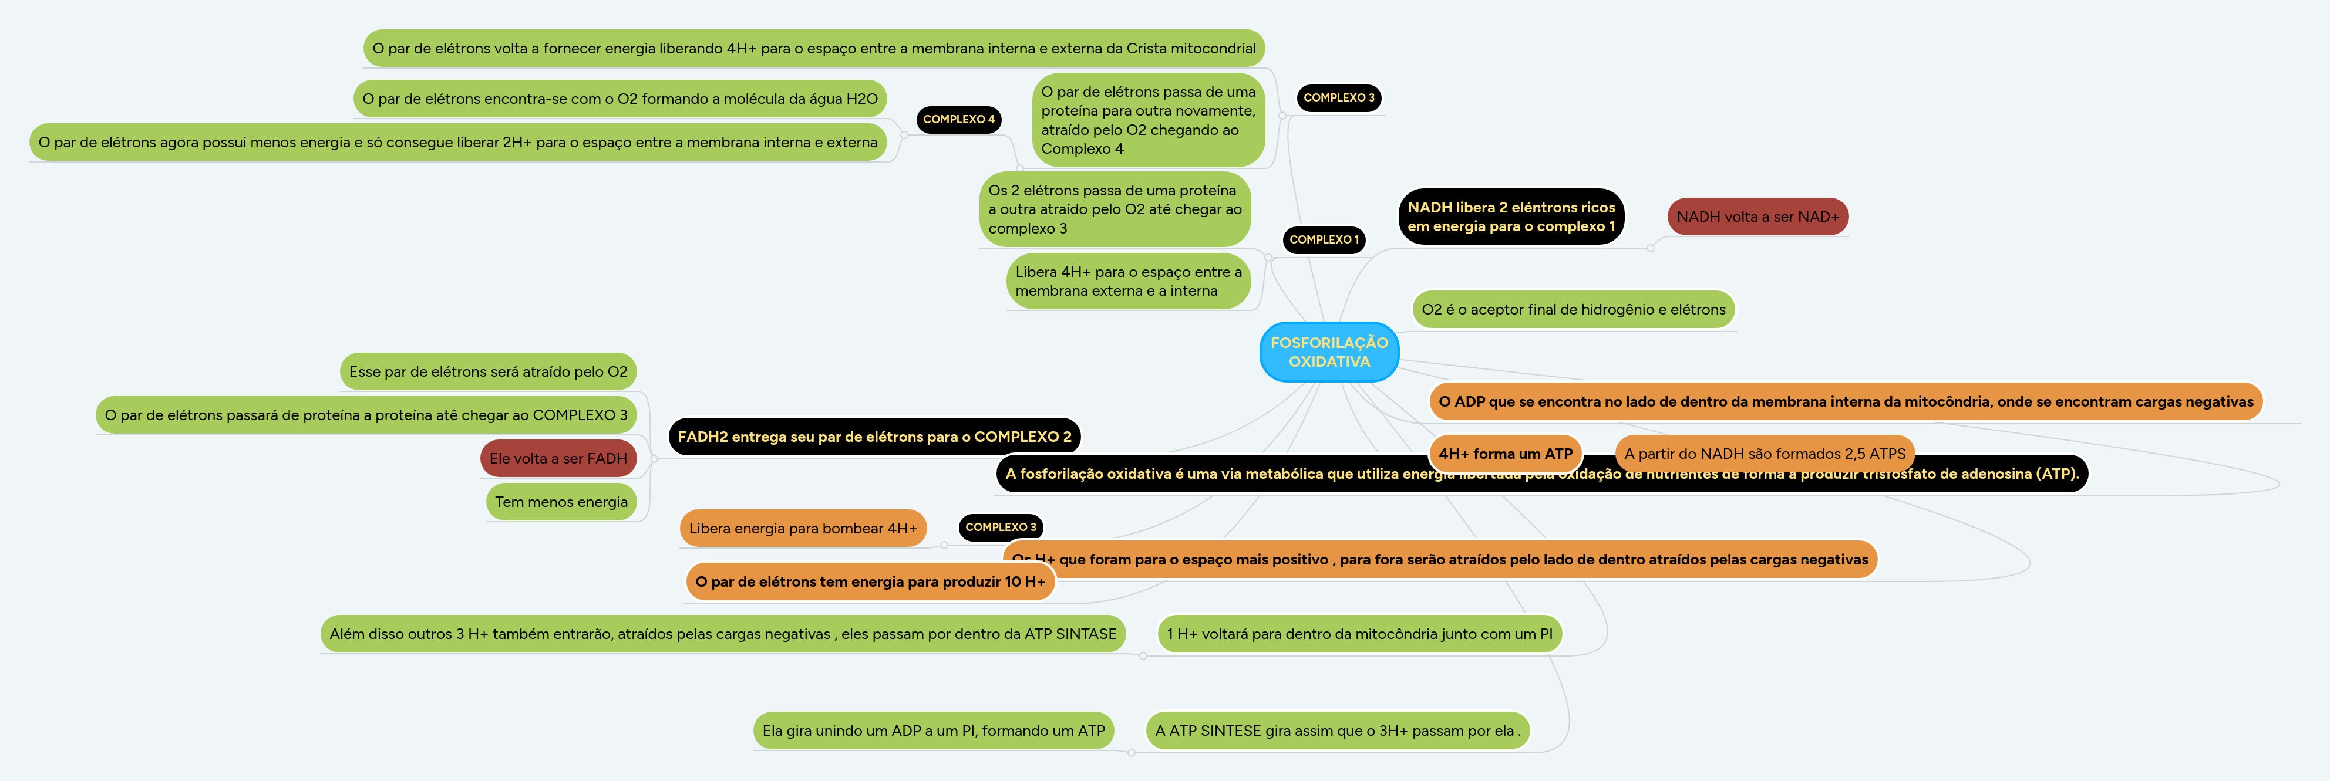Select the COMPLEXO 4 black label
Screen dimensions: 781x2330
click(958, 119)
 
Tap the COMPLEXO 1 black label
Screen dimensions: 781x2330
click(1324, 239)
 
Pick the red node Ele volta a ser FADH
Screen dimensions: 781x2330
click(558, 458)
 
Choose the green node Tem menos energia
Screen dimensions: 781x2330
click(561, 502)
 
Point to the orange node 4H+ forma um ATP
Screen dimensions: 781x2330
click(1505, 454)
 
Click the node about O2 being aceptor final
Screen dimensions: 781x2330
click(1573, 309)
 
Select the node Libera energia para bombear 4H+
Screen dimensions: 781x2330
click(802, 528)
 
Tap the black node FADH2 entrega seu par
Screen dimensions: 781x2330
click(874, 437)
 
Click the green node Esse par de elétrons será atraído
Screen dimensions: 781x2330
click(487, 371)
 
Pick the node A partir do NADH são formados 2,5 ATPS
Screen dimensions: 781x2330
click(1764, 454)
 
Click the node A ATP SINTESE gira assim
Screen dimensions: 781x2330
click(1337, 731)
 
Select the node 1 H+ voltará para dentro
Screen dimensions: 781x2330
click(1359, 634)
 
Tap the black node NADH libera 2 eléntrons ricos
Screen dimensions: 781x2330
click(1510, 217)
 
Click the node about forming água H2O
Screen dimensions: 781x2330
click(619, 99)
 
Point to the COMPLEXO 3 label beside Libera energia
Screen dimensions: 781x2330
click(1001, 527)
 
